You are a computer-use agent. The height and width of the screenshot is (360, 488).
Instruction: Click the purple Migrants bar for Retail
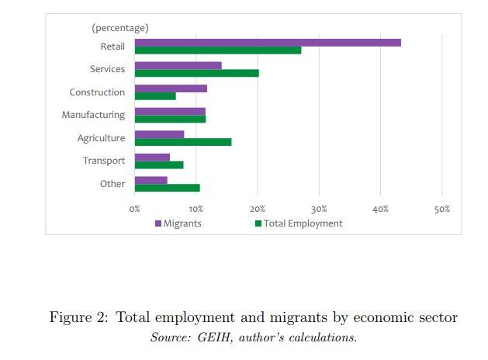[x=268, y=42]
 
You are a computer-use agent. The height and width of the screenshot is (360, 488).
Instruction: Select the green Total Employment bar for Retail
[x=217, y=50]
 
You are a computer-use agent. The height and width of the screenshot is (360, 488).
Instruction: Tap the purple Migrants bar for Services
[x=178, y=65]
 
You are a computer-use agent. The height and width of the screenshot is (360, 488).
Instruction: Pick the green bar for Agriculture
[x=182, y=142]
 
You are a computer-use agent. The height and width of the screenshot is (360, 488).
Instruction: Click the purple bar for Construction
[x=171, y=88]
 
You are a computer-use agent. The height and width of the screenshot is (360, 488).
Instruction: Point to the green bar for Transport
[x=159, y=164]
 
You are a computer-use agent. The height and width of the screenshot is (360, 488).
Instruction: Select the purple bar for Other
[x=151, y=180]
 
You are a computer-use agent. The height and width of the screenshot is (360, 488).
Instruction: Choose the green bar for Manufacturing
[x=170, y=119]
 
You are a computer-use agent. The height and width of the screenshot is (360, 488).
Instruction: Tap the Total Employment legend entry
[x=299, y=223]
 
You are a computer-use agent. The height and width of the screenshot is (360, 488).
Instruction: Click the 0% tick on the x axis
[x=135, y=209]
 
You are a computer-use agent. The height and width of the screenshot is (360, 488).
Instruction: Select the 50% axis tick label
[x=441, y=209]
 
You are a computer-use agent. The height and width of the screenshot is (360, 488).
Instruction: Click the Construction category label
[x=97, y=92]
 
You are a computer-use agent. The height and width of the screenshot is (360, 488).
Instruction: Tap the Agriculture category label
[x=101, y=138]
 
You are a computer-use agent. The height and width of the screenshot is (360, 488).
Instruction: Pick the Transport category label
[x=104, y=161]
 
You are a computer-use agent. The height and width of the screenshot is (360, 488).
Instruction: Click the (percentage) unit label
[x=120, y=28]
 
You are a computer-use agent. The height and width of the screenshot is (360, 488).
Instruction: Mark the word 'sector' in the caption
[x=437, y=317]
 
